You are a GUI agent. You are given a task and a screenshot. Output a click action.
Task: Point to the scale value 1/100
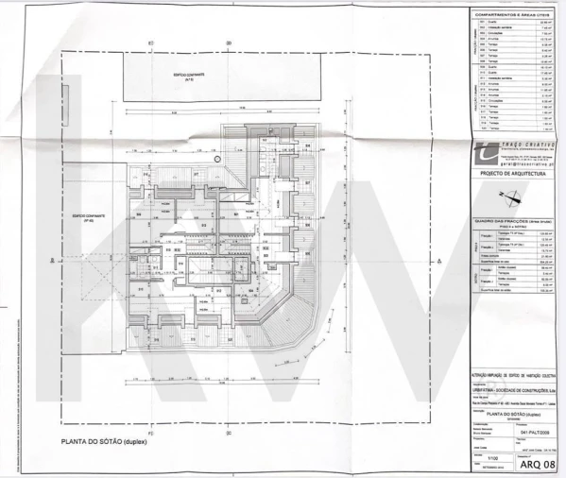[x=492, y=457]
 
